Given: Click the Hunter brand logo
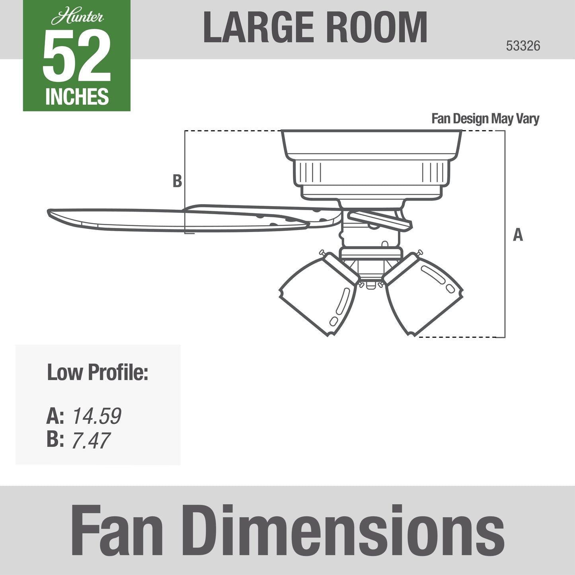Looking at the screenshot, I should [77, 17].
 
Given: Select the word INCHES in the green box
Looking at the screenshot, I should [77, 97].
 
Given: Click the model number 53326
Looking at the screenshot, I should [523, 46].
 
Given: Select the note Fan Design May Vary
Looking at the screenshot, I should [485, 119].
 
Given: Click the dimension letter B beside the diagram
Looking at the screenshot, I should [177, 181].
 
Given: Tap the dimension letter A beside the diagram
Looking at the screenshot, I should [518, 235].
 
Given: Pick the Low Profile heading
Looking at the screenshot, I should [97, 372].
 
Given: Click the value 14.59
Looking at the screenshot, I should [97, 416].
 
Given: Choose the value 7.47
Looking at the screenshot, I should [91, 441].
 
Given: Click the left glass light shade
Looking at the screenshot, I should [318, 296].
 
